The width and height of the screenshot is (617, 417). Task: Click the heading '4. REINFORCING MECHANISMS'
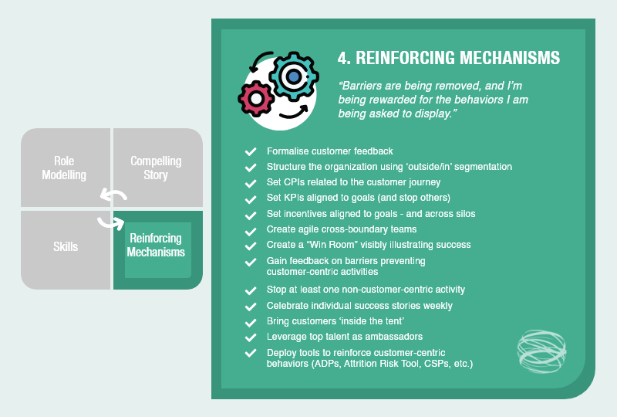(449, 59)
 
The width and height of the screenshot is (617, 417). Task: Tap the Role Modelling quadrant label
(64, 168)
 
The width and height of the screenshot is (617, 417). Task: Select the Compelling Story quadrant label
(156, 168)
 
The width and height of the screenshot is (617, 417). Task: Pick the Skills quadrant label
(65, 246)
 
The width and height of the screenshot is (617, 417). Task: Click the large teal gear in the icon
(292, 76)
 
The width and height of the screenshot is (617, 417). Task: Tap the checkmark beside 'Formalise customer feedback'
(250, 151)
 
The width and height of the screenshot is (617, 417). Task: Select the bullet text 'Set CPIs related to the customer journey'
(353, 182)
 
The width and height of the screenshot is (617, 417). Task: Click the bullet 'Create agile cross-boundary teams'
(342, 229)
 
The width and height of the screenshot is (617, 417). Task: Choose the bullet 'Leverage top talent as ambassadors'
(345, 337)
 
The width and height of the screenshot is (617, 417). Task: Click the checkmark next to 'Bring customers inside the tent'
(250, 321)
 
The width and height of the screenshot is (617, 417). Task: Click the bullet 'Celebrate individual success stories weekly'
(359, 306)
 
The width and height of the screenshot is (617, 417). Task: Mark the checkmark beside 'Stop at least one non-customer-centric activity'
(250, 290)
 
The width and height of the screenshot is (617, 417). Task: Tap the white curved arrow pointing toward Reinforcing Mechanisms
(111, 222)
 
